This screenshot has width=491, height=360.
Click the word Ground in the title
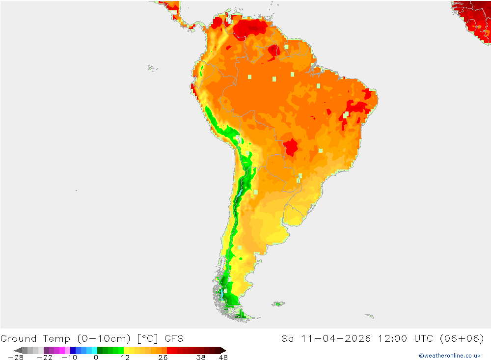18,338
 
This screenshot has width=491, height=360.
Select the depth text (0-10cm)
104,338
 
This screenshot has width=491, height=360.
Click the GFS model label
174,338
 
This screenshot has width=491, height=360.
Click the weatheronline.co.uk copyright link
449,356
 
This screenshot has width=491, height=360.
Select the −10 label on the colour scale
70,358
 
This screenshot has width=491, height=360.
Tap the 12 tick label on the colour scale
125,358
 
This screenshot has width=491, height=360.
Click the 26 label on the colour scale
163,358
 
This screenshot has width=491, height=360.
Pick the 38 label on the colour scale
200,358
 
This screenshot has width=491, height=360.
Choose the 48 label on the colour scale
223,358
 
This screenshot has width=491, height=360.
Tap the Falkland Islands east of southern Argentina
278,304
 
